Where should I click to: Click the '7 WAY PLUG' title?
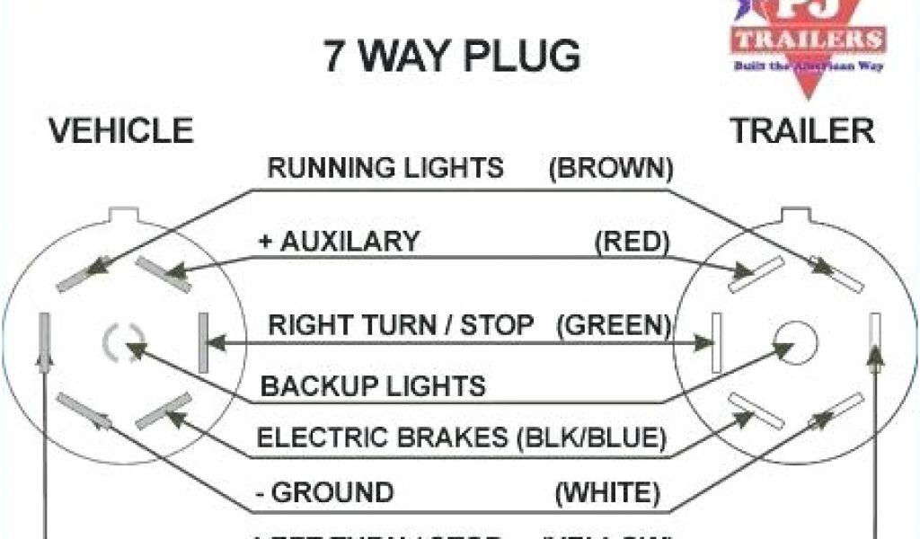pyautogui.click(x=452, y=56)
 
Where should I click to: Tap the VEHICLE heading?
pyautogui.click(x=121, y=131)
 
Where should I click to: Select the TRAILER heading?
pyautogui.click(x=802, y=131)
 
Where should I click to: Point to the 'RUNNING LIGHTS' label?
pyautogui.click(x=386, y=168)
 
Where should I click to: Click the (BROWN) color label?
pyautogui.click(x=610, y=168)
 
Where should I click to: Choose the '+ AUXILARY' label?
pyautogui.click(x=341, y=241)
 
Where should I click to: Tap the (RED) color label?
pyautogui.click(x=632, y=241)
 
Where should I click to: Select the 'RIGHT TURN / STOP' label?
pyautogui.click(x=402, y=324)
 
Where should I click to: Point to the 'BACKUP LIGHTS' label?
pyautogui.click(x=373, y=386)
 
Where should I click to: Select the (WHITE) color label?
pyautogui.click(x=608, y=492)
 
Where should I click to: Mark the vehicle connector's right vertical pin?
pyautogui.click(x=203, y=341)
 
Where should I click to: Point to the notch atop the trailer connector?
pyautogui.click(x=795, y=216)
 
